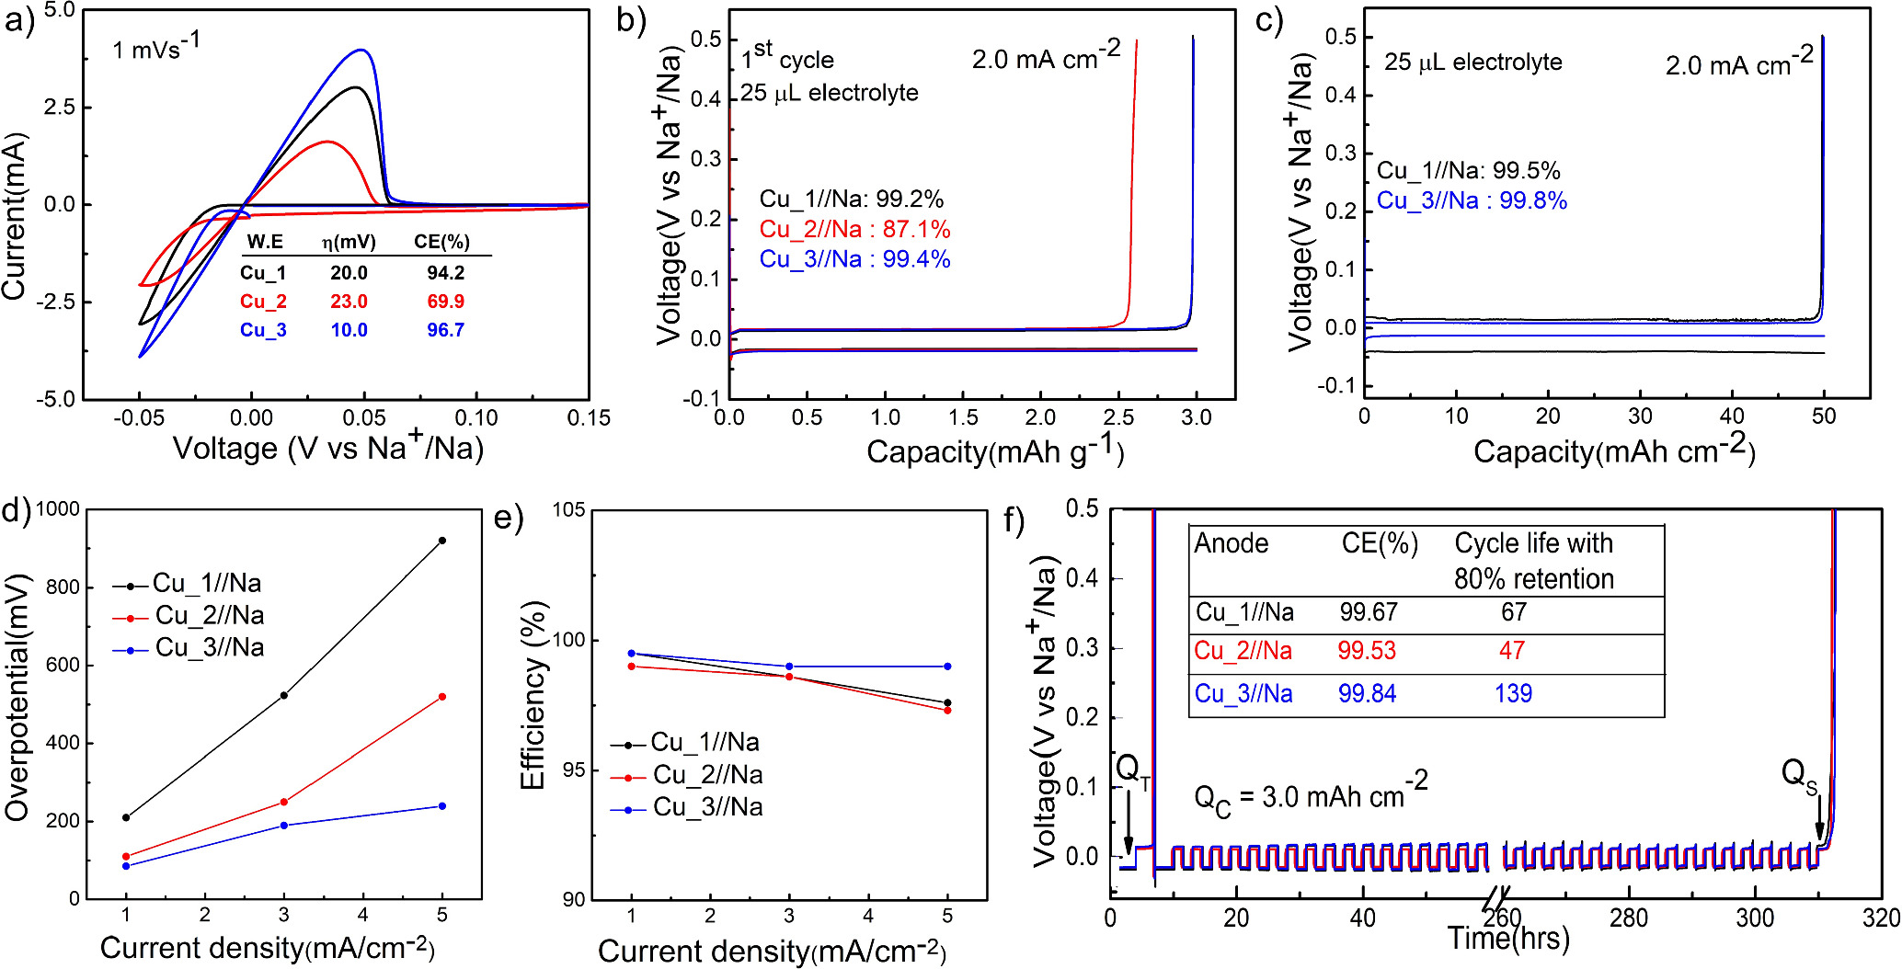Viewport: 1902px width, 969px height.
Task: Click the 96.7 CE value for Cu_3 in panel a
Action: click(445, 330)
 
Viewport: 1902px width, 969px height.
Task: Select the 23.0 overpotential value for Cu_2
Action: click(349, 302)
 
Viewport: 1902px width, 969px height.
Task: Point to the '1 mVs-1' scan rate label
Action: click(155, 48)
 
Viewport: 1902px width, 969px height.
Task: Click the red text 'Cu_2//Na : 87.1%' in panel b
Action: click(854, 229)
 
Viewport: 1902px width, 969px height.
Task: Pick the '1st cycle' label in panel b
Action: click(787, 58)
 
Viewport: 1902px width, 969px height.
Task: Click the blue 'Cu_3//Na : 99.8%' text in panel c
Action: click(1472, 201)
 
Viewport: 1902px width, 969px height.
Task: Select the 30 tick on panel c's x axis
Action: click(1640, 416)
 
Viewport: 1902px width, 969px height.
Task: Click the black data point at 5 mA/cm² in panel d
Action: click(442, 541)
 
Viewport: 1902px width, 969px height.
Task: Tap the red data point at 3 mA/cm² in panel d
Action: click(283, 802)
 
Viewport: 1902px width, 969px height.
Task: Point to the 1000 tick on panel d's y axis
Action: click(57, 509)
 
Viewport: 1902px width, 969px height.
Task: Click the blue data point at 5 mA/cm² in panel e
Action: click(947, 667)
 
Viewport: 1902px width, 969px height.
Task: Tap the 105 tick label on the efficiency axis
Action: click(568, 511)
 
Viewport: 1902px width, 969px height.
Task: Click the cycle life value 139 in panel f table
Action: click(1513, 693)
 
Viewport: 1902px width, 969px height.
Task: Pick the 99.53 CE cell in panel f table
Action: click(1367, 651)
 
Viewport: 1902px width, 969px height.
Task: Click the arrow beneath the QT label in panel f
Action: click(1129, 828)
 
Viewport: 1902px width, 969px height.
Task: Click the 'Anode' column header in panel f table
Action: click(1231, 544)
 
